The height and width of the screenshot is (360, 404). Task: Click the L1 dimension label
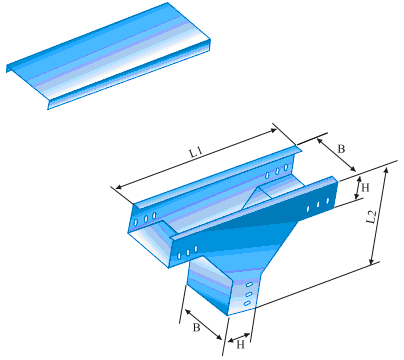[x=195, y=151]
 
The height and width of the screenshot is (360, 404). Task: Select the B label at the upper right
[x=340, y=150]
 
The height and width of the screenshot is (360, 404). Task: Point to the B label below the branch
[x=199, y=326]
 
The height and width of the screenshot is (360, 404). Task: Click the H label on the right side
[x=365, y=188]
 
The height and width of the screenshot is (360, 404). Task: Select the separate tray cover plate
[x=110, y=55]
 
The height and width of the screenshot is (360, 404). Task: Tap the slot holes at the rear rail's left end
[x=147, y=216]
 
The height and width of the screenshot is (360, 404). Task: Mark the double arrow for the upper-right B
[x=333, y=156]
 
